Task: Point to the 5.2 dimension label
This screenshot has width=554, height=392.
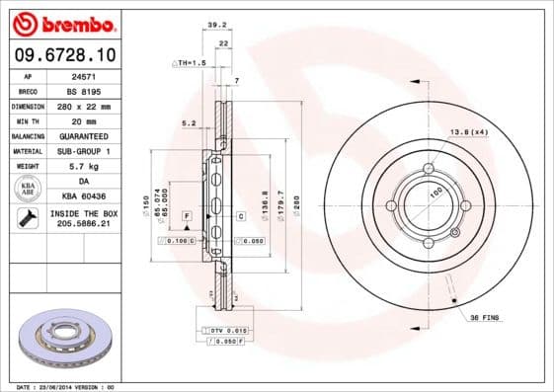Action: coord(189,123)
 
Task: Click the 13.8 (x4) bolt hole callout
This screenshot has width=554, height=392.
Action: coord(470,132)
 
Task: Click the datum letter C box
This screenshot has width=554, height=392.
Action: coord(240,215)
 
